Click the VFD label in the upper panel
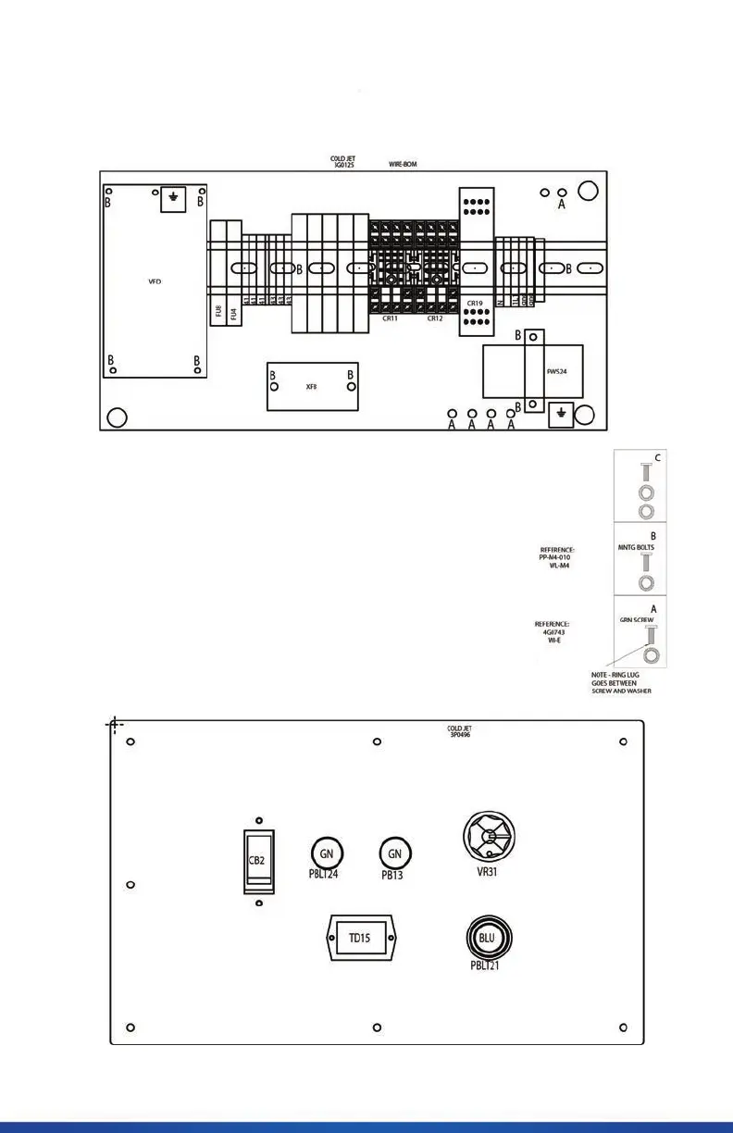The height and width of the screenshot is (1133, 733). pyautogui.click(x=155, y=281)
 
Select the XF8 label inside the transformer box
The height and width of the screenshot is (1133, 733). pyautogui.click(x=311, y=387)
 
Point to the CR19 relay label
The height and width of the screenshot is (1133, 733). pyautogui.click(x=475, y=304)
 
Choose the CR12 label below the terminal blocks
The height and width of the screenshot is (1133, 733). pyautogui.click(x=435, y=317)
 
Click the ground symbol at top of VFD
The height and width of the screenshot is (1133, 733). pyautogui.click(x=173, y=198)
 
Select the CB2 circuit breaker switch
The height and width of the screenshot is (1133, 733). pyautogui.click(x=258, y=860)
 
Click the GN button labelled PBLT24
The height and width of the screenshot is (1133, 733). pyautogui.click(x=326, y=853)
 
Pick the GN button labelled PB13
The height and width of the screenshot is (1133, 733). pyautogui.click(x=395, y=853)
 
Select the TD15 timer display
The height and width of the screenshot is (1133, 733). pyautogui.click(x=358, y=939)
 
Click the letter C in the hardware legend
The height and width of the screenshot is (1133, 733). pyautogui.click(x=658, y=456)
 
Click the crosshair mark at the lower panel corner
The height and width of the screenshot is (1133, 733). pyautogui.click(x=115, y=725)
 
